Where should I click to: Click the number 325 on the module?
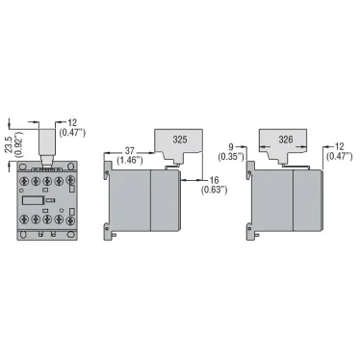coord(180,140)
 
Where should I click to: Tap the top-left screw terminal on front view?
coord(21,179)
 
